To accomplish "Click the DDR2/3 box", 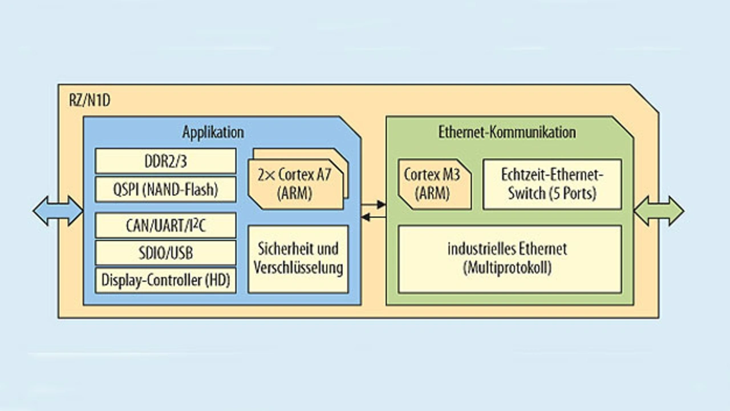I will pyautogui.click(x=165, y=161).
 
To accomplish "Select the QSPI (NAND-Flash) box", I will pyautogui.click(x=165, y=189).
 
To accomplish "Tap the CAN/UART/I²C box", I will pyautogui.click(x=165, y=225).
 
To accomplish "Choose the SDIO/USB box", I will pyautogui.click(x=165, y=253).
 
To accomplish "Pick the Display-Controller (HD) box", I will pyautogui.click(x=165, y=280).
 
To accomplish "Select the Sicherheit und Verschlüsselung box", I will pyautogui.click(x=298, y=259).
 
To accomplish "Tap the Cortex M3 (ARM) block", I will pyautogui.click(x=435, y=184).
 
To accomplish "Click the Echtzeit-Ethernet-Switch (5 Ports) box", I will pyautogui.click(x=551, y=184).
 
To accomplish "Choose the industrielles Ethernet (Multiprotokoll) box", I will pyautogui.click(x=509, y=259).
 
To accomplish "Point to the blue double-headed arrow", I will pyautogui.click(x=58, y=211).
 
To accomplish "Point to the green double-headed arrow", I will pyautogui.click(x=659, y=211).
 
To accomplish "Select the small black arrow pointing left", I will pyautogui.click(x=374, y=217).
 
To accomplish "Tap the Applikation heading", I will pyautogui.click(x=213, y=132).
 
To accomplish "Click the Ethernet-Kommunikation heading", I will pyautogui.click(x=507, y=132).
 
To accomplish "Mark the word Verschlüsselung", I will pyautogui.click(x=298, y=267).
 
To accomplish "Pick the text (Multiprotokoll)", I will pyautogui.click(x=507, y=268).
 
